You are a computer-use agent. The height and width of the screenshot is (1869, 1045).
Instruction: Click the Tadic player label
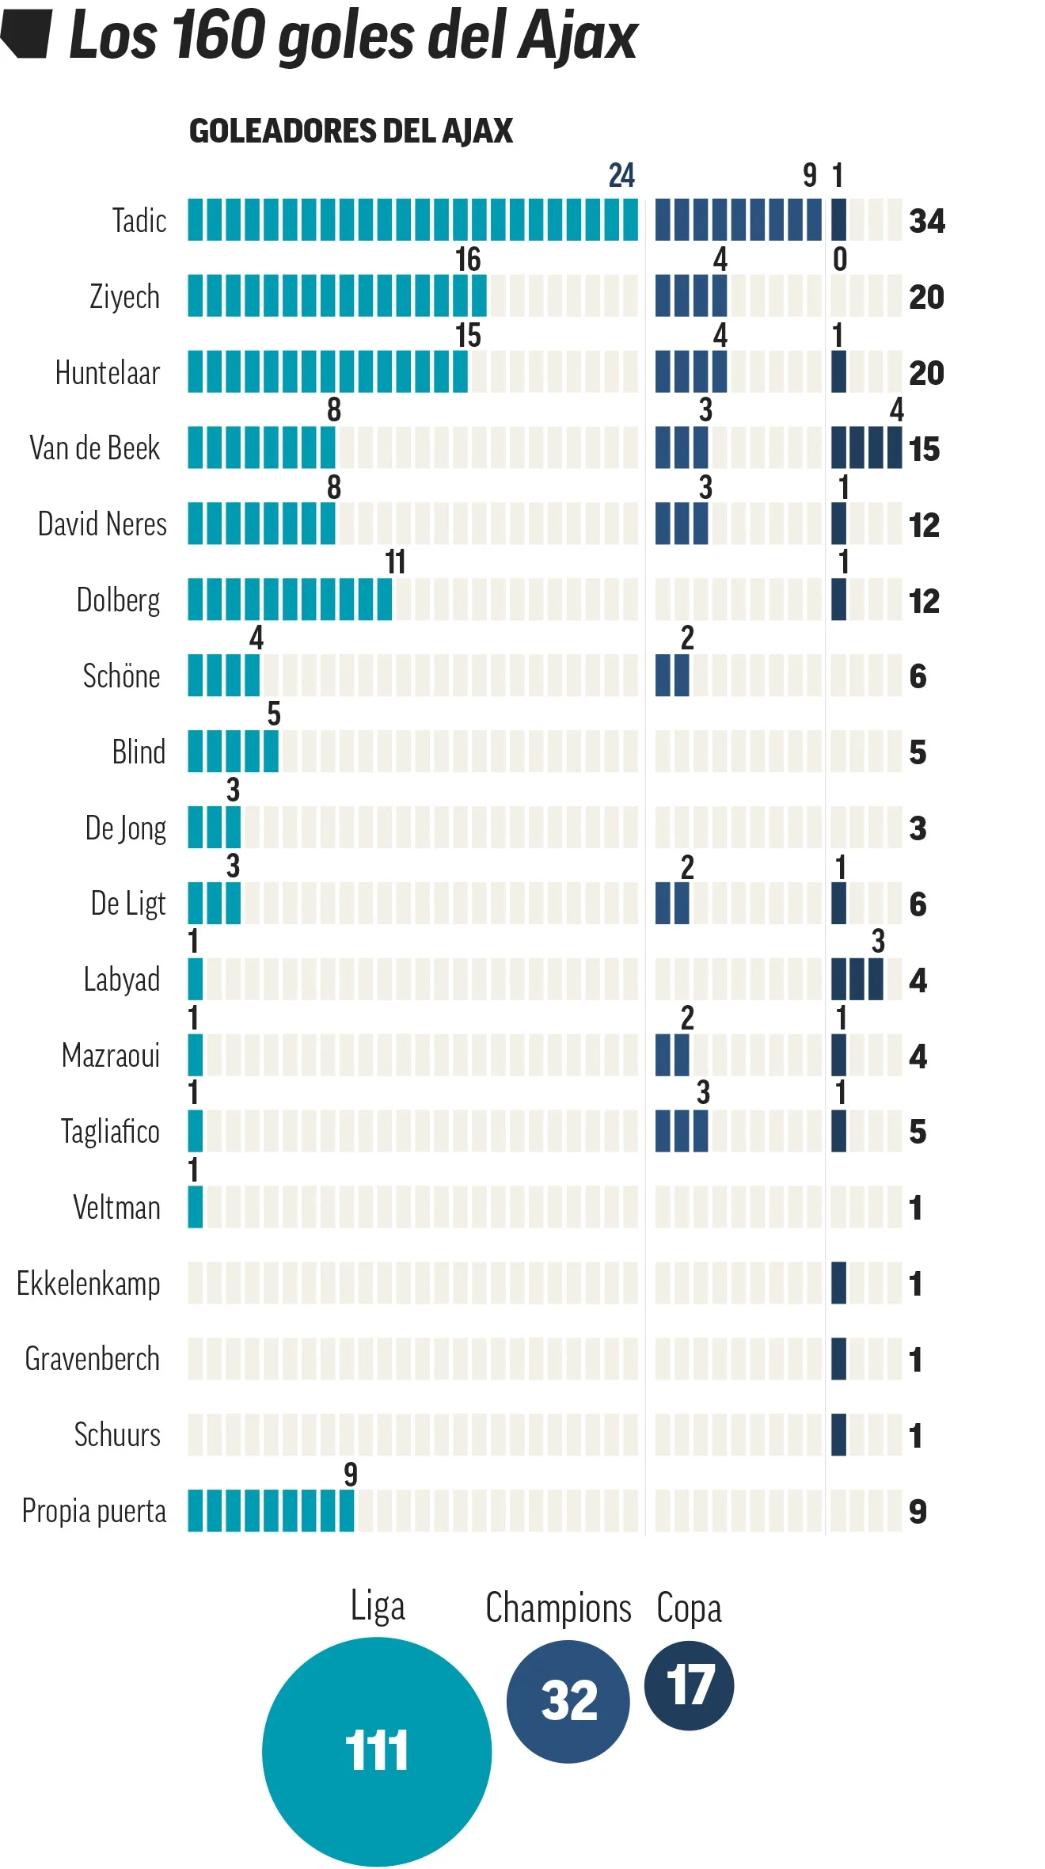pos(139,220)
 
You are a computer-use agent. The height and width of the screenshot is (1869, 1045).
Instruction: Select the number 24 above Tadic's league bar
pos(621,175)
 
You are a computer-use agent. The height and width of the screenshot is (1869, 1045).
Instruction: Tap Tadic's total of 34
pos(927,221)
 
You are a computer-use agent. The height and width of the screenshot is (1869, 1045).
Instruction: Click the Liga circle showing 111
pos(377,1751)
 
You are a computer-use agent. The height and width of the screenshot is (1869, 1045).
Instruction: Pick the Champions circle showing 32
pos(568,1701)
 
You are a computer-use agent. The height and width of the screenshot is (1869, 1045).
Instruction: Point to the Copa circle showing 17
pos(690,1684)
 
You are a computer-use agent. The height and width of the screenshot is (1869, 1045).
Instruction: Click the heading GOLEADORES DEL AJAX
pos(351,131)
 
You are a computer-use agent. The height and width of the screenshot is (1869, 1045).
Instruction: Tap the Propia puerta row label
pos(94,1510)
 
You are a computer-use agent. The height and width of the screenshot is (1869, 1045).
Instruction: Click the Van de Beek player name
pos(95,448)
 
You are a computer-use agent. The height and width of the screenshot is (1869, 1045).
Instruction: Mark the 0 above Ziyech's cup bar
pos(840,259)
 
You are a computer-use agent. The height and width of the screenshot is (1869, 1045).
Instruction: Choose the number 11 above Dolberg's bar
pos(395,562)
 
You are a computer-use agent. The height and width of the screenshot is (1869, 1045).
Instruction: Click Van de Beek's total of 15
pos(924,449)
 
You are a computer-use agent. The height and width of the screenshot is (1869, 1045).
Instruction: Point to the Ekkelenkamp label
pos(89,1284)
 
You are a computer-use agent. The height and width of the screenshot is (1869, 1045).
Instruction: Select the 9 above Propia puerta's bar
pos(351,1474)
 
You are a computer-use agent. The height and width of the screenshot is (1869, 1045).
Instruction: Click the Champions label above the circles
pos(558,1607)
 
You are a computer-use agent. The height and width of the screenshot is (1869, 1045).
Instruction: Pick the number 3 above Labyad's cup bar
pos(878,941)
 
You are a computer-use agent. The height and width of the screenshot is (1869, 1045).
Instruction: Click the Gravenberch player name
pos(93,1359)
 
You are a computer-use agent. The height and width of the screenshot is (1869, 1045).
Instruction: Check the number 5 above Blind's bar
pos(274,714)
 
